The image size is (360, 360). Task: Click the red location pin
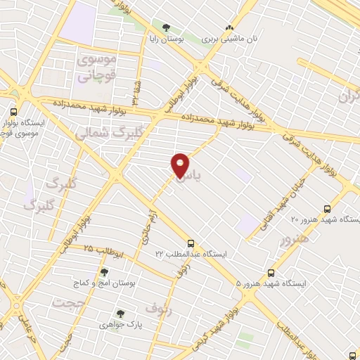180,166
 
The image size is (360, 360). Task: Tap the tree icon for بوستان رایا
166,29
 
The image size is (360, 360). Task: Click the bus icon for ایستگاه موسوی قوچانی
14,112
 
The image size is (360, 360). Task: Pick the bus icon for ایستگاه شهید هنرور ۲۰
326,209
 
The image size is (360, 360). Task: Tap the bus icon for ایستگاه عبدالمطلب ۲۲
191,243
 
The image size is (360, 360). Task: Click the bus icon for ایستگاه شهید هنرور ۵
271,273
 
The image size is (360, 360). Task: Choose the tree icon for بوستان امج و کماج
104,272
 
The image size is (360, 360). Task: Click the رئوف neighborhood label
158,307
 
